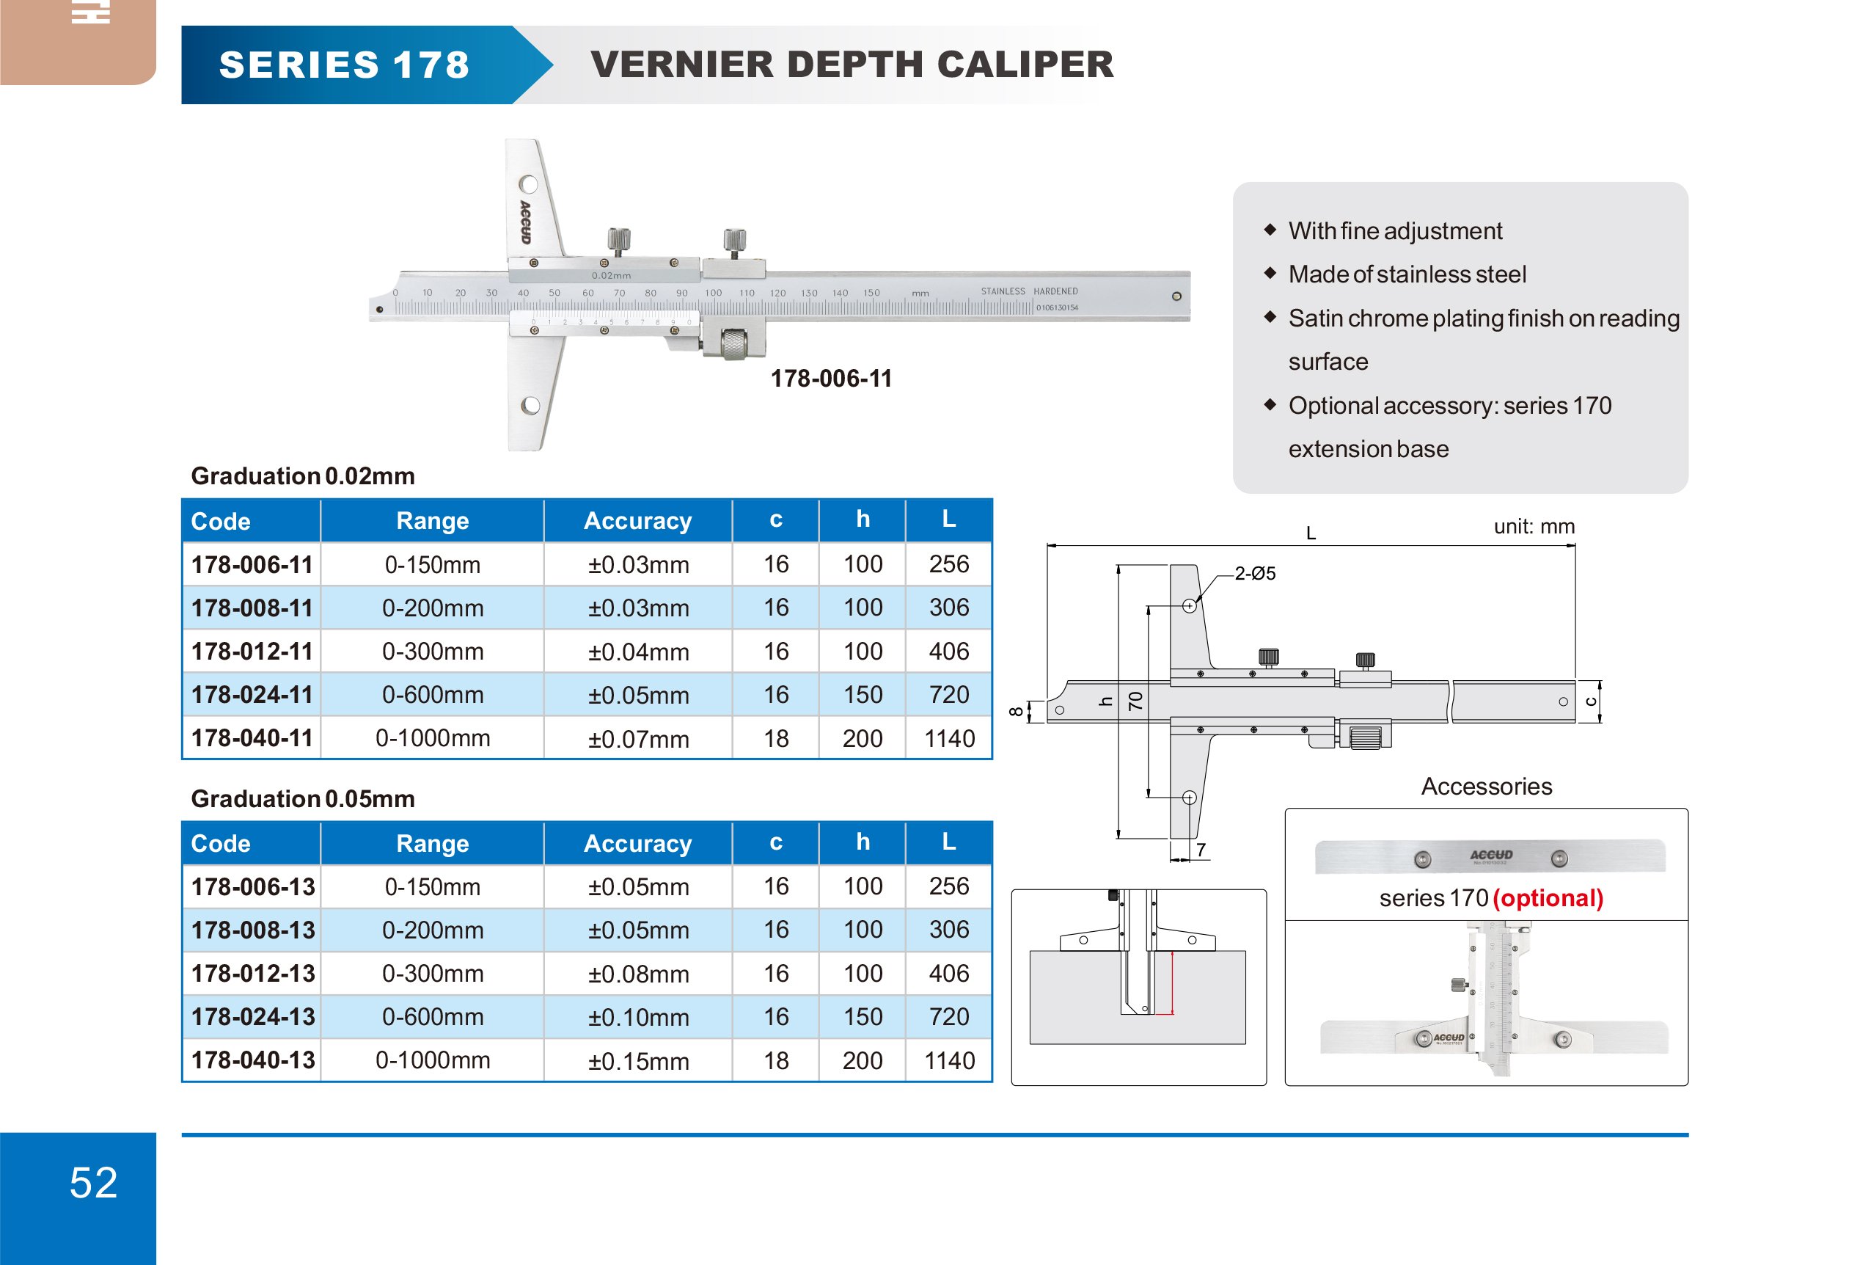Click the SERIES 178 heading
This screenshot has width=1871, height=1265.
click(344, 65)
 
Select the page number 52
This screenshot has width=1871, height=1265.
click(93, 1182)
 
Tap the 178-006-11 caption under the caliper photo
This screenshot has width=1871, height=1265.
click(831, 379)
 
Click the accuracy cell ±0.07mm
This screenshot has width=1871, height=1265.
click(637, 738)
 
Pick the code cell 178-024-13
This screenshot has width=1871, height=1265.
click(253, 1017)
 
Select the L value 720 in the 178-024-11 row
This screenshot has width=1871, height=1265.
click(948, 695)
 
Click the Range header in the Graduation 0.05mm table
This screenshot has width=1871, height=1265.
click(432, 843)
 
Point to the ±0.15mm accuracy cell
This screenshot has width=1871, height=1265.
click(637, 1060)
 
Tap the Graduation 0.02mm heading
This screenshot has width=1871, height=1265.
click(303, 476)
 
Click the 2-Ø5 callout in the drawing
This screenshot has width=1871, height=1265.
click(1254, 573)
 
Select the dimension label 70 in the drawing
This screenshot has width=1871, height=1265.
click(1135, 701)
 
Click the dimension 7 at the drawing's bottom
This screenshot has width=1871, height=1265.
click(1201, 850)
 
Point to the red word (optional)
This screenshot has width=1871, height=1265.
click(1548, 898)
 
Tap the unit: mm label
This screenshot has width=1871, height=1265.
click(1534, 527)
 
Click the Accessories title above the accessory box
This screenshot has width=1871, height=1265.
click(1486, 786)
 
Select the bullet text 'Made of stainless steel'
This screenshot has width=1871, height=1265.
click(1407, 274)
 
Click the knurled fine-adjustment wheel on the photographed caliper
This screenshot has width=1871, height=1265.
click(733, 344)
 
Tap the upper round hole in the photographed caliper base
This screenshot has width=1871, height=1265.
click(528, 184)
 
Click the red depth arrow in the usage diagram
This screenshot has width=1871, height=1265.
click(1172, 983)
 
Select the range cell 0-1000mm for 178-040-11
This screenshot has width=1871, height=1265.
click(432, 738)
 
